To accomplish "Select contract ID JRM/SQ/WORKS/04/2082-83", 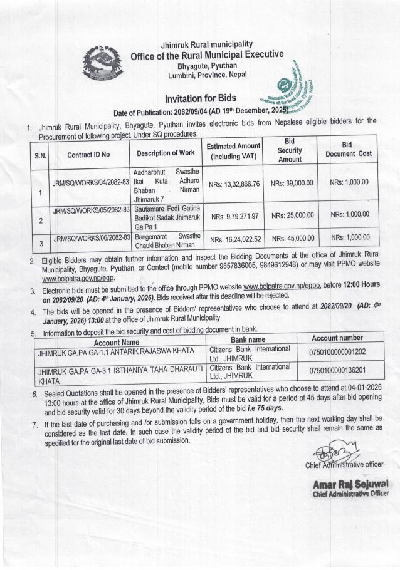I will point(91,181).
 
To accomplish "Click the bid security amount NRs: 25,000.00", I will point(292,214).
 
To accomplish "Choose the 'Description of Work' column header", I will point(166,152).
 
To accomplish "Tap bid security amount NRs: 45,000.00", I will point(292,238).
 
